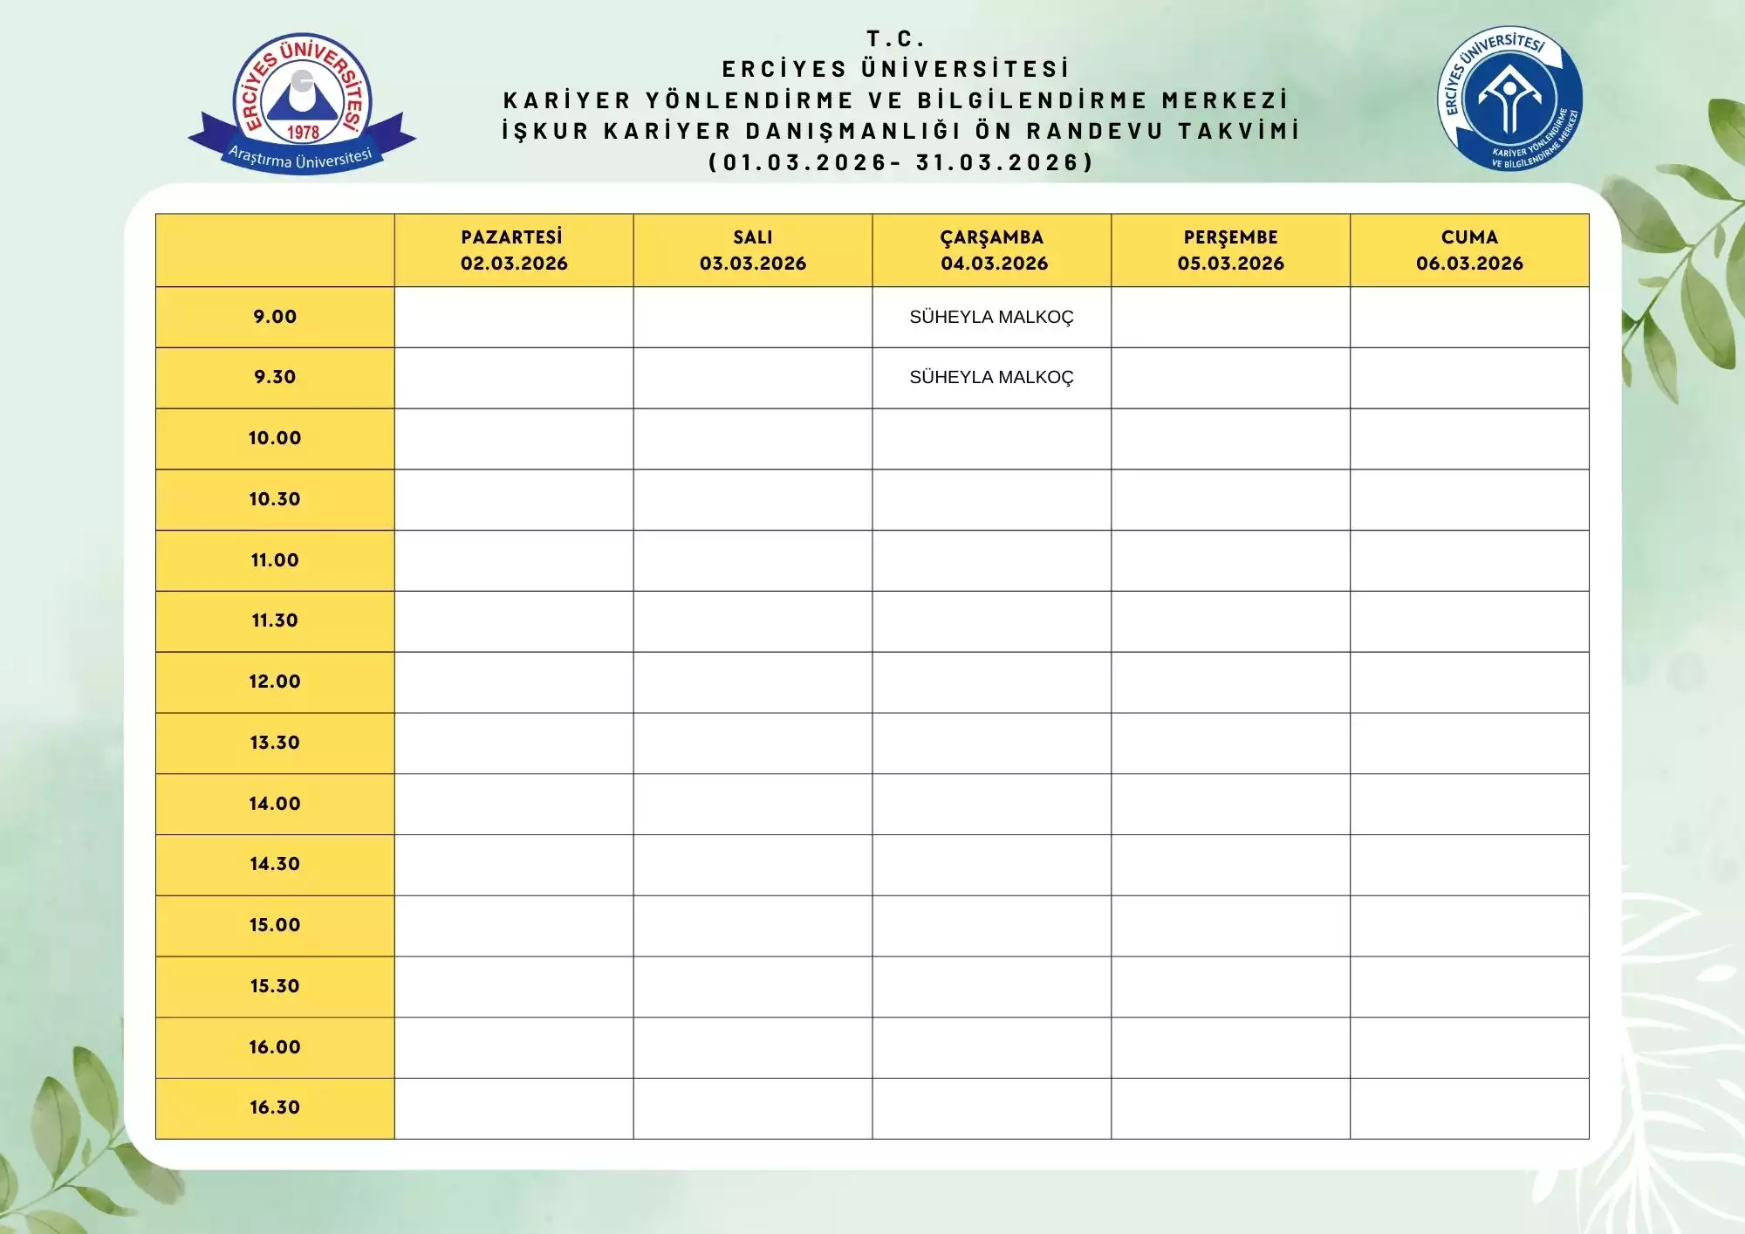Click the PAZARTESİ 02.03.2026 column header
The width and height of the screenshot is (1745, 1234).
pyautogui.click(x=514, y=250)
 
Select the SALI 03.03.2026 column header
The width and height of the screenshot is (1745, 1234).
pyautogui.click(x=752, y=250)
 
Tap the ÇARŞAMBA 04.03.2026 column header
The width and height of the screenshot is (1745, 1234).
pyautogui.click(x=992, y=250)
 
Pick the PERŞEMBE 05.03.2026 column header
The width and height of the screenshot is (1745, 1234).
pyautogui.click(x=1230, y=250)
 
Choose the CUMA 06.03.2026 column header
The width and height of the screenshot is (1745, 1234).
pyautogui.click(x=1469, y=250)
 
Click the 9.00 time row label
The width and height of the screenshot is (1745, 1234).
pyautogui.click(x=275, y=317)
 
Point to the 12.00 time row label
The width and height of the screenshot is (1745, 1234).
pyautogui.click(x=275, y=682)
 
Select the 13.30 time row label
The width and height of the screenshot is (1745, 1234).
pyautogui.click(x=275, y=743)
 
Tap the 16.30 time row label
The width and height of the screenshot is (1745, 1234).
pyautogui.click(x=275, y=1107)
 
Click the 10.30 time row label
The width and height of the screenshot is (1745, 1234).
pyautogui.click(x=275, y=499)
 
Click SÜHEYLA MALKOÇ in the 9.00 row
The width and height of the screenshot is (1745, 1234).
pyautogui.click(x=991, y=317)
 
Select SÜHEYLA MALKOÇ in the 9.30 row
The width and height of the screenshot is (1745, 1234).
pyautogui.click(x=991, y=377)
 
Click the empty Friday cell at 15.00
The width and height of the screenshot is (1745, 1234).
pyautogui.click(x=1469, y=925)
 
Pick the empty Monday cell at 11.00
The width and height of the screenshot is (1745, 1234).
pyautogui.click(x=514, y=560)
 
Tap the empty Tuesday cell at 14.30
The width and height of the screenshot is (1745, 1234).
pyautogui.click(x=752, y=864)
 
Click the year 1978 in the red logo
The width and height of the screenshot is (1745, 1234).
pyautogui.click(x=303, y=133)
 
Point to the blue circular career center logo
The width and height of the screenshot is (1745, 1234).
pyautogui.click(x=1509, y=98)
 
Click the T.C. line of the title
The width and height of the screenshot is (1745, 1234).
pyautogui.click(x=895, y=38)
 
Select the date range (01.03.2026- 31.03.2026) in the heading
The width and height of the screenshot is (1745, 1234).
pyautogui.click(x=900, y=162)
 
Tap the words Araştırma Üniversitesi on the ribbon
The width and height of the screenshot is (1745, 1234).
pyautogui.click(x=300, y=158)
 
